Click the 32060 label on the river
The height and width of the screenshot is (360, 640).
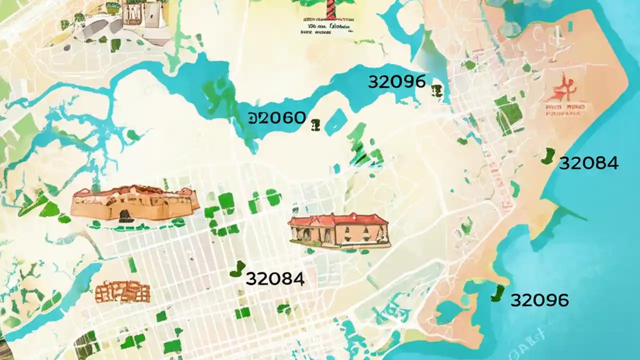coord(276,118)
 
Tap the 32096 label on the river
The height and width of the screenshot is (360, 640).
coord(396,81)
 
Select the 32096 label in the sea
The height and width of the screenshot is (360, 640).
coord(539,300)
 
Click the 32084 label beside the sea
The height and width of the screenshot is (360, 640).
coord(588,163)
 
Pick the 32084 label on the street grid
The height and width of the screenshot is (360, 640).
coord(275,279)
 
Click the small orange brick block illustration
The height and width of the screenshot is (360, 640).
coord(122,291)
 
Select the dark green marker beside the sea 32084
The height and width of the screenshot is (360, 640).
coord(548,156)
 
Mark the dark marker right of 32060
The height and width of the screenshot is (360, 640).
coord(315,125)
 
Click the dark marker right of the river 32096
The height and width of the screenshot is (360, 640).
coord(437,90)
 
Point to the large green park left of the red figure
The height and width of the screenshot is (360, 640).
coord(508,113)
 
